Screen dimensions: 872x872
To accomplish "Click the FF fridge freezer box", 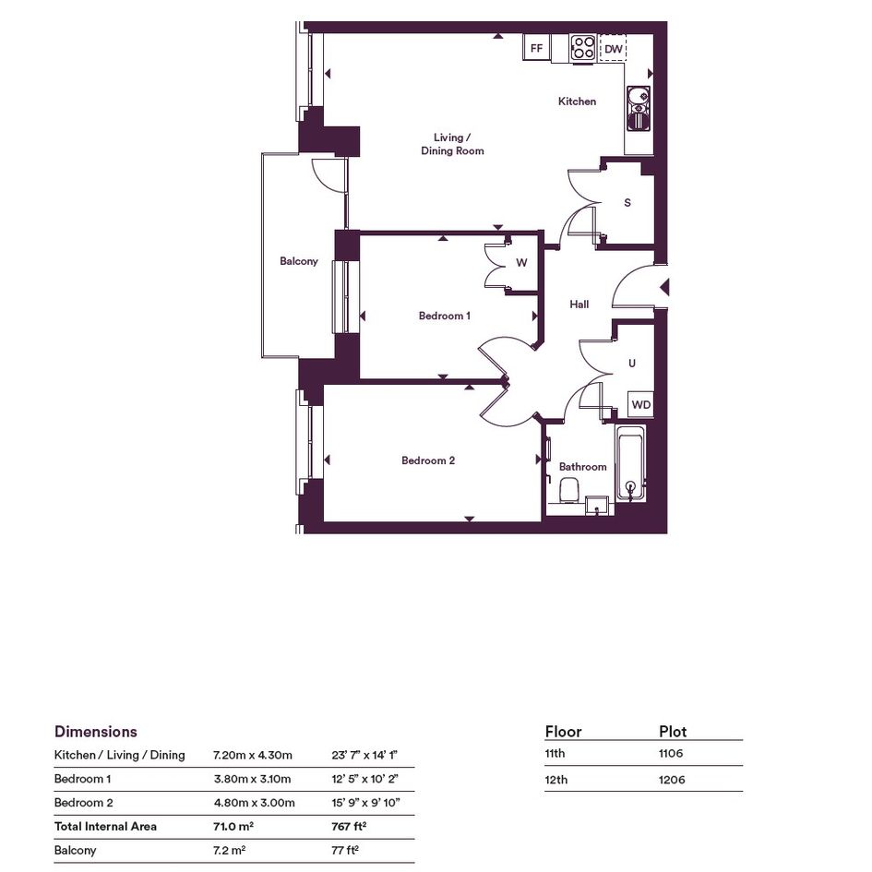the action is pos(537,48).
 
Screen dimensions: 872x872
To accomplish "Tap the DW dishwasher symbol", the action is pos(614,48).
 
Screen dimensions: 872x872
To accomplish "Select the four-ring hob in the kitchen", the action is pos(583,48).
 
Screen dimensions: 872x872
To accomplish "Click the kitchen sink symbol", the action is pos(639,108).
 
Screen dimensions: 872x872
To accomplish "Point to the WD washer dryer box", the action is pos(640,404).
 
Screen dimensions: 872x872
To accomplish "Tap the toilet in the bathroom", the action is pos(570,490).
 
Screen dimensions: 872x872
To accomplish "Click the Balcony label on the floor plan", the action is pos(299,261).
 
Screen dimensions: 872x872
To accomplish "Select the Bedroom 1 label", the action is pos(445,316).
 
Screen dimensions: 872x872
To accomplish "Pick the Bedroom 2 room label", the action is pos(428,460).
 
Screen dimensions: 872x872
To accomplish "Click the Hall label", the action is pos(579,305).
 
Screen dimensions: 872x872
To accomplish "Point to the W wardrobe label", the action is pos(521,262).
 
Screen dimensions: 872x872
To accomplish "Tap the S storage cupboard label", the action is pos(627,202).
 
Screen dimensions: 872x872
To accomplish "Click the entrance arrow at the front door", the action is pos(664,288).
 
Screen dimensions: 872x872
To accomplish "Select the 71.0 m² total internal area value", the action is pos(233,827).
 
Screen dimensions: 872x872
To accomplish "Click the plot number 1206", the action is pos(672,780).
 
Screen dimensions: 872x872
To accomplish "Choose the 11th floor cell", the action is pos(555,754).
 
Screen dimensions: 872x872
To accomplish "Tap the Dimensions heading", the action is pos(96,732).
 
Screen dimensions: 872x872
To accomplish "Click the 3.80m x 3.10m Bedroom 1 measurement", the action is pos(253,779).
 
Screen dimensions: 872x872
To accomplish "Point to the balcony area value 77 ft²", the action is pos(345,850).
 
